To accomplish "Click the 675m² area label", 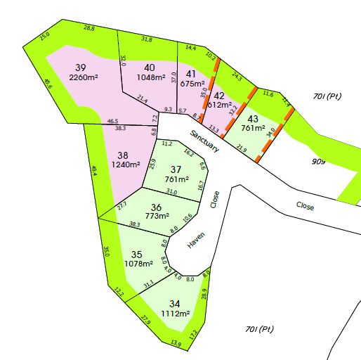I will [x=192, y=83].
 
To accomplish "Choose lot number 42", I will [x=220, y=96].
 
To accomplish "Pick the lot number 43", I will [x=253, y=119].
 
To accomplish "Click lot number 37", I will [x=177, y=169].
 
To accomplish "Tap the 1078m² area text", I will [x=138, y=264].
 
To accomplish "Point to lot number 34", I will [x=175, y=304].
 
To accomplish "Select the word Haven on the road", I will [x=195, y=241].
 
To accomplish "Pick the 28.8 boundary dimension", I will [x=89, y=28].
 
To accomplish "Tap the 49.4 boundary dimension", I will [x=94, y=171].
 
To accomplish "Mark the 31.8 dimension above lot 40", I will [x=147, y=39].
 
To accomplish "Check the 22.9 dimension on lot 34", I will [x=145, y=320].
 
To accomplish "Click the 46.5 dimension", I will [x=112, y=122].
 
